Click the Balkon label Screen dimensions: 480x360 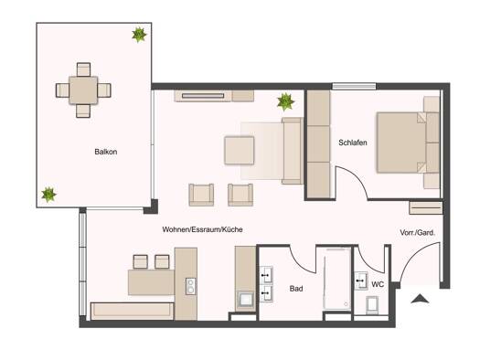tap(106, 152)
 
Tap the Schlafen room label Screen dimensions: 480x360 tap(353, 143)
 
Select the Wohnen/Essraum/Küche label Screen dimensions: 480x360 tap(202, 229)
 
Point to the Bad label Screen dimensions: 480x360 tap(296, 289)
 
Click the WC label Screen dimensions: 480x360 tap(378, 284)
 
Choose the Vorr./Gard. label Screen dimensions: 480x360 tap(417, 233)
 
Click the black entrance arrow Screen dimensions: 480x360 tap(420, 299)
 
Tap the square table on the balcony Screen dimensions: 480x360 tap(83, 90)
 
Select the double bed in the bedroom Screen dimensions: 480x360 tap(408, 143)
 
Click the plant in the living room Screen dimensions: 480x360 tap(285, 101)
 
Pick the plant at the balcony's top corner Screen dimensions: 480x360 tap(139, 35)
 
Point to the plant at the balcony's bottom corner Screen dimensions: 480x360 tap(48, 195)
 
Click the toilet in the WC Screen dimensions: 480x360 tap(372, 305)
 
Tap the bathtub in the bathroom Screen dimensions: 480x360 tap(337, 279)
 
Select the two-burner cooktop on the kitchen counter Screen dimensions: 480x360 tap(190, 286)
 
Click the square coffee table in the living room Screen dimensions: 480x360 tap(239, 151)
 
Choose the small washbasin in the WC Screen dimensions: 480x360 tap(361, 281)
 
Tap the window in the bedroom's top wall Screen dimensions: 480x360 tap(354, 86)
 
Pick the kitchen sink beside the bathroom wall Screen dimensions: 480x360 tap(246, 300)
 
